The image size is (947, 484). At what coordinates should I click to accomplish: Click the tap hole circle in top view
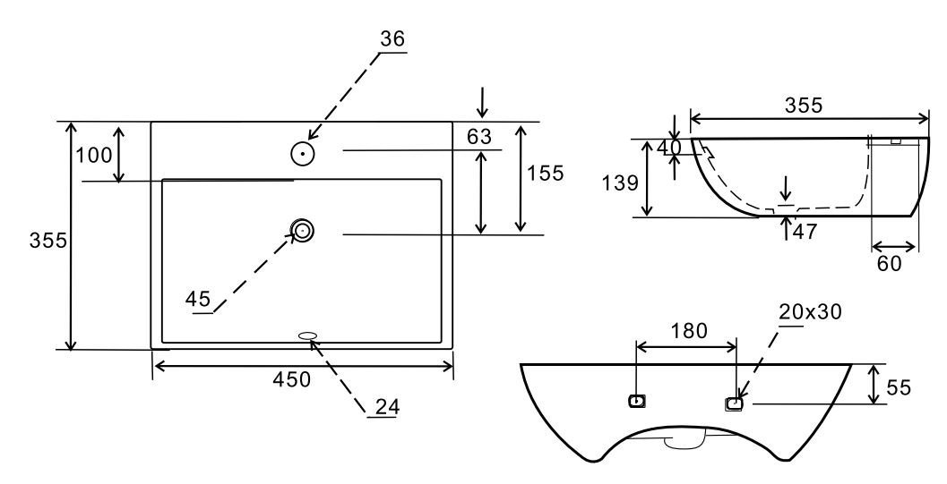click(303, 154)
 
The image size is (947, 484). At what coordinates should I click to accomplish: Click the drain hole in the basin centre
click(303, 231)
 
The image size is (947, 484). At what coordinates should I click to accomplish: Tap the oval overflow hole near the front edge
click(307, 336)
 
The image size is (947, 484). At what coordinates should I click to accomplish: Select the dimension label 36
click(392, 39)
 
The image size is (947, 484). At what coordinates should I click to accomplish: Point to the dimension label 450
click(291, 379)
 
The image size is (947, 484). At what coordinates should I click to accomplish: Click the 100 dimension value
click(94, 155)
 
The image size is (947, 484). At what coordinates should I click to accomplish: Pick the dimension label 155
click(545, 173)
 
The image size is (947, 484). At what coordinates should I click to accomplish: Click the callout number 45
click(198, 298)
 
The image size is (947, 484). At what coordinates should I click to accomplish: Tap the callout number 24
click(386, 405)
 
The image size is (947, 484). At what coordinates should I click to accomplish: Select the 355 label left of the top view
click(47, 241)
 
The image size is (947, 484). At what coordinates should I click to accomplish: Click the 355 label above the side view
click(804, 105)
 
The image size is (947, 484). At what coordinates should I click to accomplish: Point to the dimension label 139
click(621, 183)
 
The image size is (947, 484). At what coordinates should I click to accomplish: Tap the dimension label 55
click(898, 387)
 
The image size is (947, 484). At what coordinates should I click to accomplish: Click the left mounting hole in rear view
click(636, 402)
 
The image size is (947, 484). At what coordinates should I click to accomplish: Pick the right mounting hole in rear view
click(734, 403)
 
